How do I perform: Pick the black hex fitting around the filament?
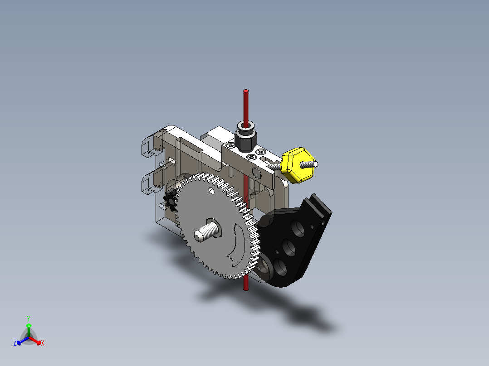pyautogui.click(x=245, y=138)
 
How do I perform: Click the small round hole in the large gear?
pyautogui.click(x=211, y=191)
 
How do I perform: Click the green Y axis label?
pyautogui.click(x=28, y=318)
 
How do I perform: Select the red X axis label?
pyautogui.click(x=42, y=343)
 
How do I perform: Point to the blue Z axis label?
pyautogui.click(x=15, y=343)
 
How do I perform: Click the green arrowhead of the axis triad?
pyautogui.click(x=28, y=325)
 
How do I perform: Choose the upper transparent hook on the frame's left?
pyautogui.click(x=150, y=144)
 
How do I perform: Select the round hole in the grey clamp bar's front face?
pyautogui.click(x=255, y=173)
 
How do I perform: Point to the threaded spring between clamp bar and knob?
pyautogui.click(x=274, y=166)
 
